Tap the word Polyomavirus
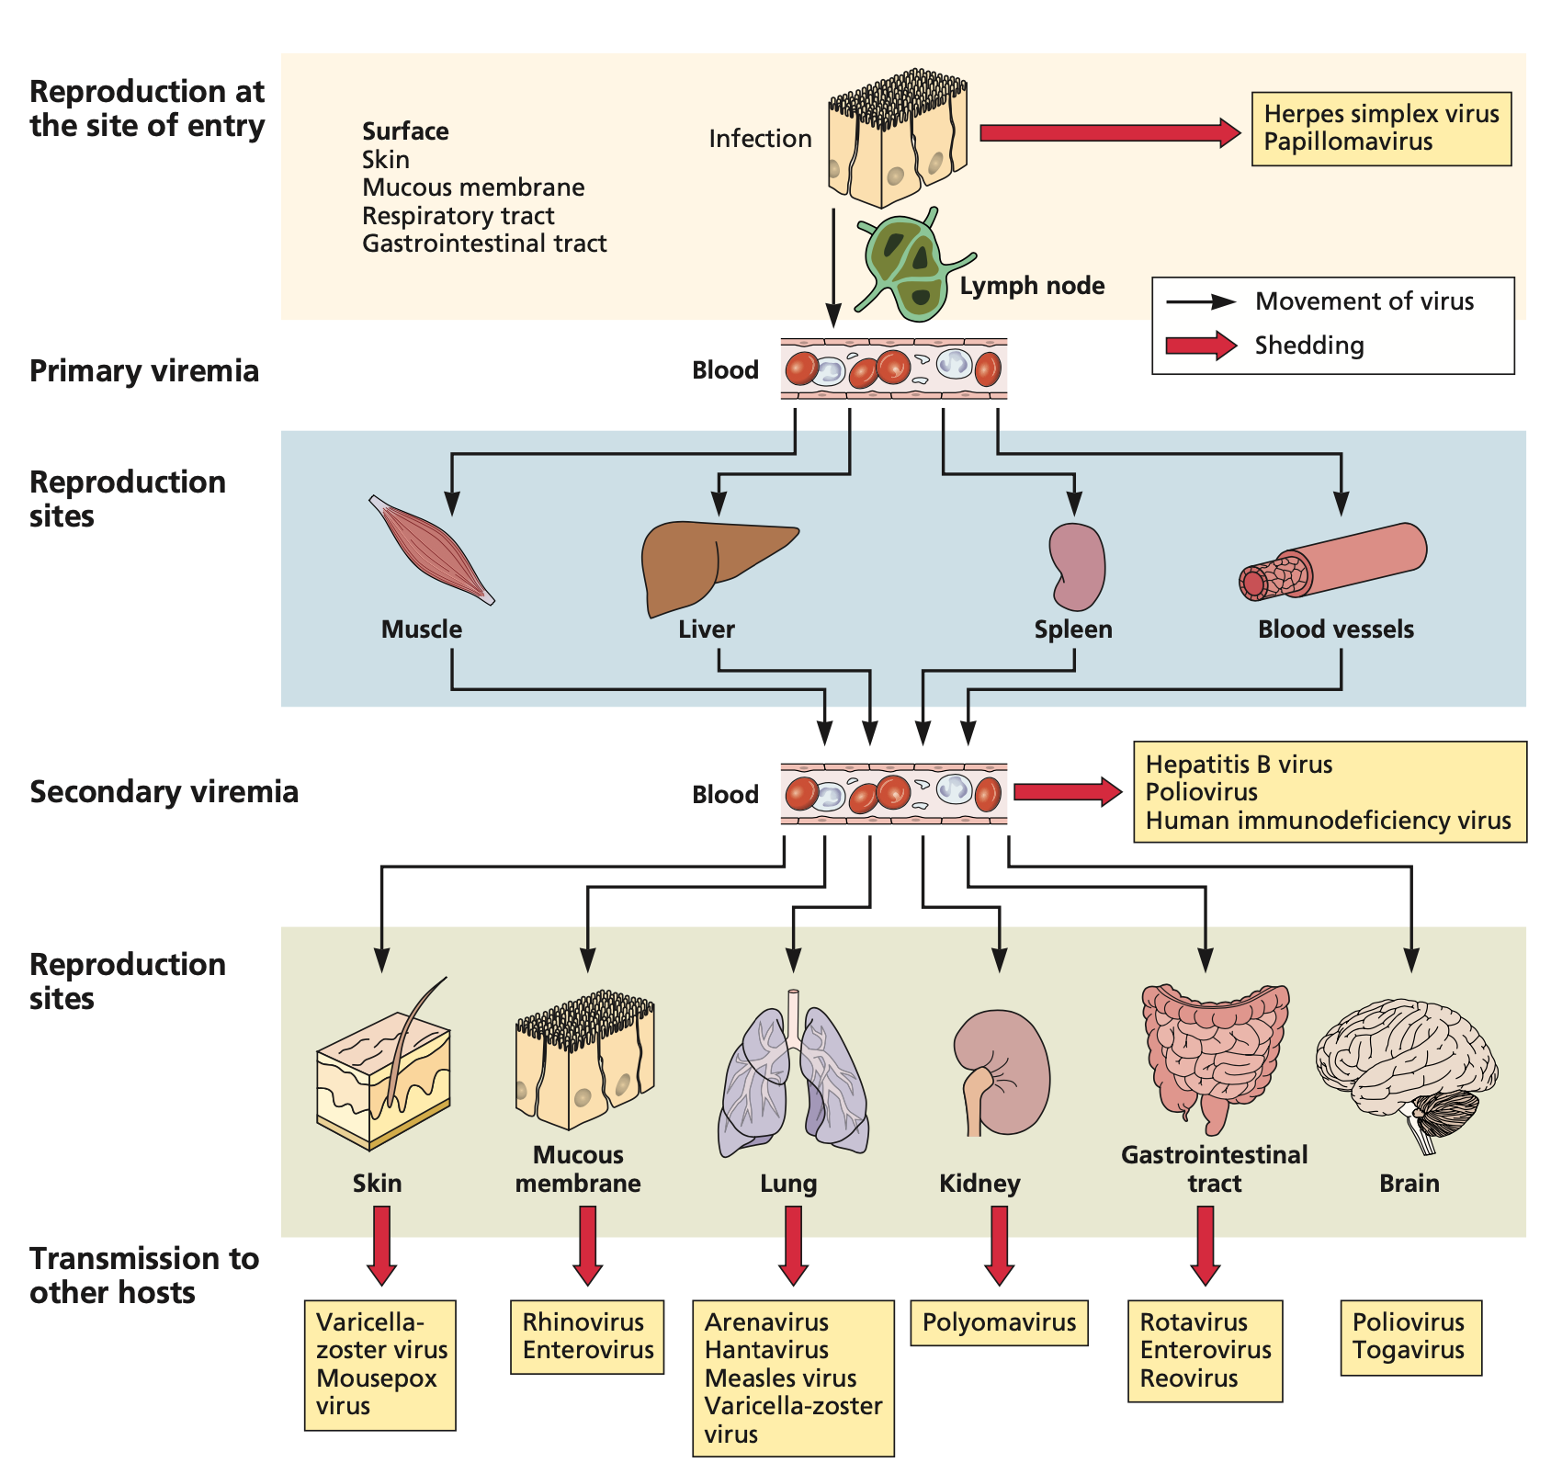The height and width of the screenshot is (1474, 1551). pyautogui.click(x=999, y=1322)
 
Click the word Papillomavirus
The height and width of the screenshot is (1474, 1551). pyautogui.click(x=1348, y=142)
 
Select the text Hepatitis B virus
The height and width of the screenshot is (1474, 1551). pyautogui.click(x=1239, y=765)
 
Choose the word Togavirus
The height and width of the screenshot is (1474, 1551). pyautogui.click(x=1408, y=1350)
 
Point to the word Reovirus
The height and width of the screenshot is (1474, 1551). pyautogui.click(x=1189, y=1378)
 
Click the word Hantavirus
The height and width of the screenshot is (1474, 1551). pyautogui.click(x=766, y=1350)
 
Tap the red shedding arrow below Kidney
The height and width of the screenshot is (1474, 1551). pyautogui.click(x=999, y=1245)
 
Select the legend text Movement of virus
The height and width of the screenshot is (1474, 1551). pyautogui.click(x=1364, y=301)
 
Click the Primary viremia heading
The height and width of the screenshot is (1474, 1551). pyautogui.click(x=144, y=371)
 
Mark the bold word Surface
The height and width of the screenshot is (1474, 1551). pyautogui.click(x=405, y=131)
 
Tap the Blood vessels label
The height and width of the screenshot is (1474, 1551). pyautogui.click(x=1335, y=629)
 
